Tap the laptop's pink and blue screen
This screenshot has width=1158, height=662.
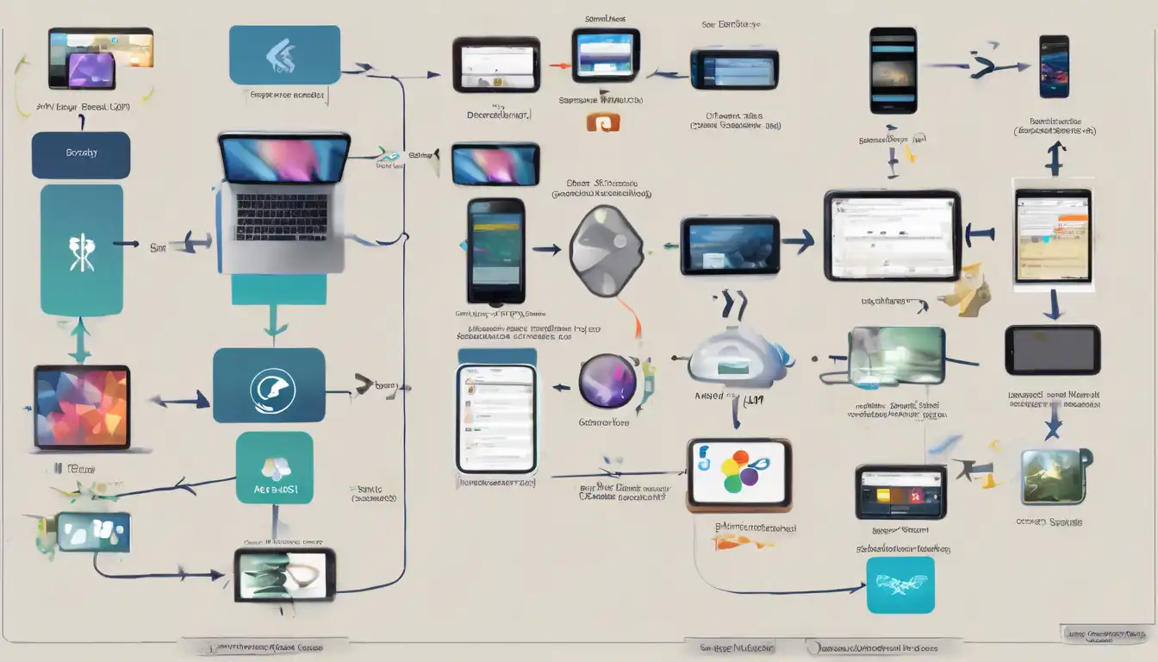tap(284, 159)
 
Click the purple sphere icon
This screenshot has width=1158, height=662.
tap(607, 381)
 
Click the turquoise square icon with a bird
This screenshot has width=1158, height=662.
tap(900, 584)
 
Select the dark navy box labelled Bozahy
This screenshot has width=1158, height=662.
tap(81, 155)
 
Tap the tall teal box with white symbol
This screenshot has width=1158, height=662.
tap(82, 249)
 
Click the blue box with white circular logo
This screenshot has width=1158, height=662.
tap(269, 385)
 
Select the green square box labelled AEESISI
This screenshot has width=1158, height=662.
tap(274, 468)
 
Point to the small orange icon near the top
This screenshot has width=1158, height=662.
tap(603, 122)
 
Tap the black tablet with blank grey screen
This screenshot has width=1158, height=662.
tap(1052, 350)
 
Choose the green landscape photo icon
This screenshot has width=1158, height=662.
tap(1053, 477)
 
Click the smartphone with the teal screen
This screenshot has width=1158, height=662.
tap(496, 251)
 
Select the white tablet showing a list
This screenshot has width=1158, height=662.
tap(496, 418)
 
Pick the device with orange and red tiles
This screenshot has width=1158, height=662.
tap(900, 492)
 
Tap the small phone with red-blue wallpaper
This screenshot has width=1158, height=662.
tap(1054, 66)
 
